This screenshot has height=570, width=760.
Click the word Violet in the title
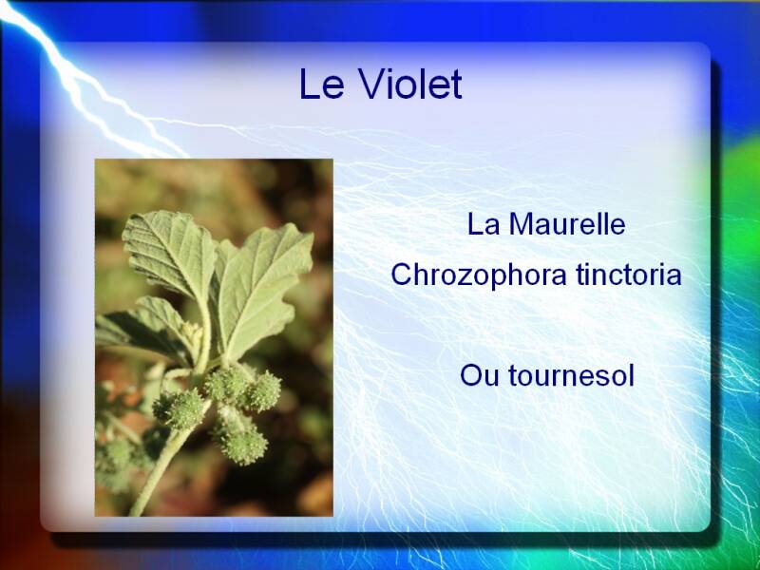coord(410,84)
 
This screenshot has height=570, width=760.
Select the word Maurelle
coord(567,224)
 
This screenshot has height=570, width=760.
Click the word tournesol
coord(572,375)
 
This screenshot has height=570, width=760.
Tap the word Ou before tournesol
coord(480,376)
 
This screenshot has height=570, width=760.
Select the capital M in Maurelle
coord(521,225)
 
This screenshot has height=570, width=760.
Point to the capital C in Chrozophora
coord(402,275)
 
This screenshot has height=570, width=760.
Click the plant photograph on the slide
coord(214,337)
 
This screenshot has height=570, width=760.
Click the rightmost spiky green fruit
coord(264,391)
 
